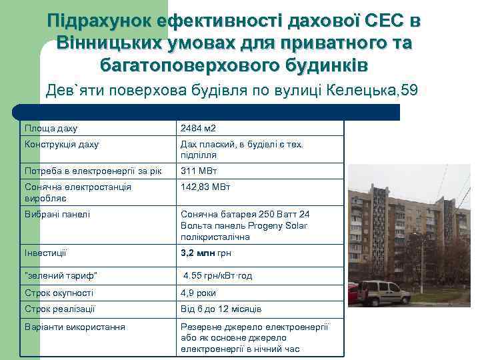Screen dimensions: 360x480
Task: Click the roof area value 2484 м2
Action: coord(199,128)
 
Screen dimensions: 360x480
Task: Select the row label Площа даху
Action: coord(51,128)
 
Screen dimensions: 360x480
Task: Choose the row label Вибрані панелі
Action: coord(57,214)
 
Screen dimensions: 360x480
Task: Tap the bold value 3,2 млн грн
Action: coord(206,253)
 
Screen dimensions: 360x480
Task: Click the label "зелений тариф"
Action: coord(61,275)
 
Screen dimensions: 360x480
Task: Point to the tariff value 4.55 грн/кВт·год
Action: coord(218,275)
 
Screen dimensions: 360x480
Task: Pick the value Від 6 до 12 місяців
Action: coord(221,309)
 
